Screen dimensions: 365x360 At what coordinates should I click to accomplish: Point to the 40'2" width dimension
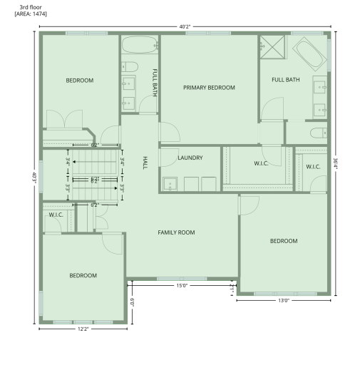pyautogui.click(x=185, y=26)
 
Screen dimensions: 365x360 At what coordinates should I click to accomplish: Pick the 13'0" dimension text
pyautogui.click(x=283, y=301)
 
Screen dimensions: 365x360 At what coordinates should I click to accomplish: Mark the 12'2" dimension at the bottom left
pyautogui.click(x=83, y=329)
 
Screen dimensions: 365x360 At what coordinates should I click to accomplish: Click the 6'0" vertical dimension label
pyautogui.click(x=133, y=302)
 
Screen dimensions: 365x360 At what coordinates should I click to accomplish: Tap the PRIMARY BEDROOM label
pyautogui.click(x=209, y=88)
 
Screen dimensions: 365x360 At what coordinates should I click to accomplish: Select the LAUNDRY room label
pyautogui.click(x=190, y=158)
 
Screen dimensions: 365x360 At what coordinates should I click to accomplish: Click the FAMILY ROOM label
pyautogui.click(x=176, y=232)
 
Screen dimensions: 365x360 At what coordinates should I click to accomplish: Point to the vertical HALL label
pyautogui.click(x=145, y=162)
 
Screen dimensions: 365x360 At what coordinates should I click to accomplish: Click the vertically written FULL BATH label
pyautogui.click(x=155, y=81)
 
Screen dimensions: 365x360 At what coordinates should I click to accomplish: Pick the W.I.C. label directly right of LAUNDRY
pyautogui.click(x=261, y=163)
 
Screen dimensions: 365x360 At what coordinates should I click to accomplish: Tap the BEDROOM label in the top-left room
pyautogui.click(x=80, y=81)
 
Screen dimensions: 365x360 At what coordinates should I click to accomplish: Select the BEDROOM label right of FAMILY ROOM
pyautogui.click(x=284, y=241)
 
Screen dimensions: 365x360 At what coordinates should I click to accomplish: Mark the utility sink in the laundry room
pyautogui.click(x=170, y=185)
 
